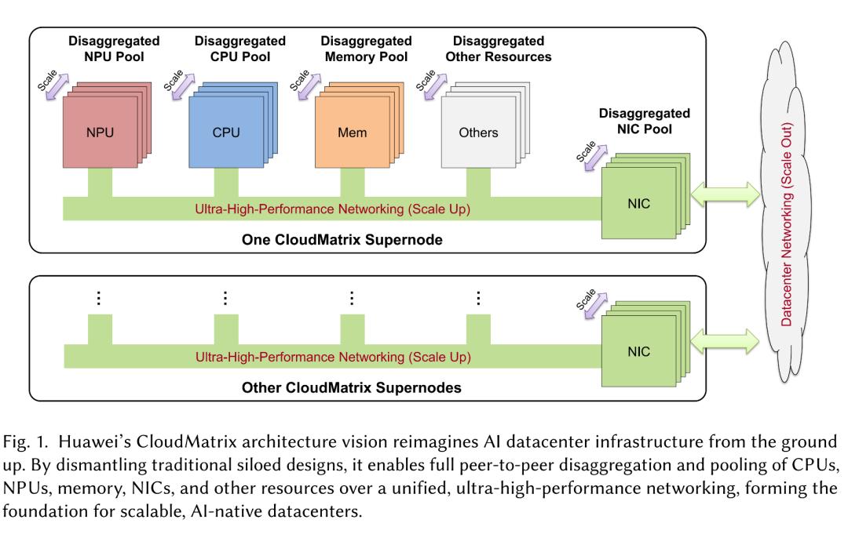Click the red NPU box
pyautogui.click(x=100, y=132)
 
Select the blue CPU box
pyautogui.click(x=226, y=132)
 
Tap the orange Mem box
pyautogui.click(x=352, y=132)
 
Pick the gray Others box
pyautogui.click(x=478, y=132)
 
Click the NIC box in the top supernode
pyautogui.click(x=638, y=203)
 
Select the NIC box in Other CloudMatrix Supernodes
pyautogui.click(x=638, y=351)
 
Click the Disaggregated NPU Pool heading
pyautogui.click(x=114, y=49)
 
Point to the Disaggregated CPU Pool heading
pyautogui.click(x=240, y=49)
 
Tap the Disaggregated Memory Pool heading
pyautogui.click(x=366, y=49)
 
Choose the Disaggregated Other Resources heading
pyautogui.click(x=498, y=49)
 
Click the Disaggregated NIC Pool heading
pyautogui.click(x=644, y=121)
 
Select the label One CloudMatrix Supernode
pyautogui.click(x=342, y=240)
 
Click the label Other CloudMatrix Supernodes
pyautogui.click(x=352, y=387)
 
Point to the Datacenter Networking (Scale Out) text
pyautogui.click(x=786, y=224)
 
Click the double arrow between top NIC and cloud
pyautogui.click(x=726, y=194)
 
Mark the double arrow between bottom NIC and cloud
pyautogui.click(x=726, y=341)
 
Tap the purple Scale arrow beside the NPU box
pyautogui.click(x=57, y=86)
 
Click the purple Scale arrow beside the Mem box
pyautogui.click(x=309, y=86)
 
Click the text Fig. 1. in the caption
pyautogui.click(x=25, y=442)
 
